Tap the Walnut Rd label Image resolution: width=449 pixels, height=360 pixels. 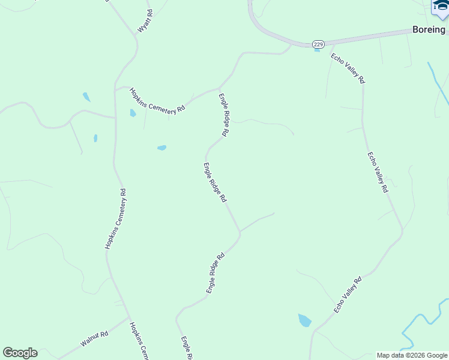point(94,340)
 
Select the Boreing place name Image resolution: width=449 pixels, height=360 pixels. point(429,29)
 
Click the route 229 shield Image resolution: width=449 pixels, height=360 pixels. point(319,44)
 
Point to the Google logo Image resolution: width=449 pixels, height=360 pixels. point(20,353)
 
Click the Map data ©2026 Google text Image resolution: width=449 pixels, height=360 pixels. point(412,355)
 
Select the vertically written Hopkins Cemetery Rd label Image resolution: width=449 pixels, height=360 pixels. point(116,219)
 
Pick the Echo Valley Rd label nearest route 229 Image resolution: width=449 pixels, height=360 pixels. point(348,68)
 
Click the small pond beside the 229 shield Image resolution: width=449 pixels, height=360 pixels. point(316,50)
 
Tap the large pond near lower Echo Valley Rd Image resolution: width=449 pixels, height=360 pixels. point(305,320)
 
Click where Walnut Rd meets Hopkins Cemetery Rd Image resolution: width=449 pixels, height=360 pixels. point(129,317)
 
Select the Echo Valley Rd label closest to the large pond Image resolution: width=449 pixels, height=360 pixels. point(348,295)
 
